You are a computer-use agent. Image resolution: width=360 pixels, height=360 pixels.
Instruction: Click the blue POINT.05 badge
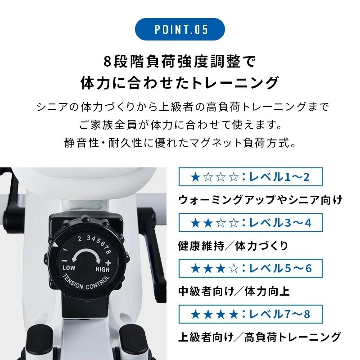(180, 29)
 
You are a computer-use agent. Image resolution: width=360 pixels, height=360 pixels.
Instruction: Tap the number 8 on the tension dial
(108, 252)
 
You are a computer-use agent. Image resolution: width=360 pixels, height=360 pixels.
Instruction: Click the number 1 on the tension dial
(65, 250)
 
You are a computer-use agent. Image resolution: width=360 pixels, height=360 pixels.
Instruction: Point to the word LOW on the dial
(69, 268)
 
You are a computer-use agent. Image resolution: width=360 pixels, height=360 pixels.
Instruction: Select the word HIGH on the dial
(103, 269)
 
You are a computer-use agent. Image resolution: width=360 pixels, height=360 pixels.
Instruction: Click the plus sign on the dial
(108, 263)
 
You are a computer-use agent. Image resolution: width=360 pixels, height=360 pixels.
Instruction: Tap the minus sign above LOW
(65, 261)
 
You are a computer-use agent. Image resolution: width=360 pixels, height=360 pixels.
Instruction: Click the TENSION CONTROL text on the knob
(85, 282)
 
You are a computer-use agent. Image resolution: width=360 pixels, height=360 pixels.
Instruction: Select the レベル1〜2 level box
(251, 177)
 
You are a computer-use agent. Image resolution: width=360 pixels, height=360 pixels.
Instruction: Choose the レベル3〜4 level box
(251, 222)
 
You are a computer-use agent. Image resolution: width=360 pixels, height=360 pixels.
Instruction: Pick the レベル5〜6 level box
(251, 268)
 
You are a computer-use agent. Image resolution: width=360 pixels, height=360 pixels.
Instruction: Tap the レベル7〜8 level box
(251, 314)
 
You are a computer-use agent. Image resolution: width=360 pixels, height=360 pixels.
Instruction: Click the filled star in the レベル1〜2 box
(195, 177)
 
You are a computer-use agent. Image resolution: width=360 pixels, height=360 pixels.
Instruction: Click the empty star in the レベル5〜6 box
(234, 268)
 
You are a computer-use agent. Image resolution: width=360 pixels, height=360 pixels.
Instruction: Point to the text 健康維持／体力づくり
(233, 246)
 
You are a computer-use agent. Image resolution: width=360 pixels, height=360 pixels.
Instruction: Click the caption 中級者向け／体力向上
(234, 291)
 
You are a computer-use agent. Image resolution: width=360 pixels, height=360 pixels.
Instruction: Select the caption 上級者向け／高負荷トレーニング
(259, 337)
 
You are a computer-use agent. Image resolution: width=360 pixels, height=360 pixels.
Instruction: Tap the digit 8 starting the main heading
(107, 62)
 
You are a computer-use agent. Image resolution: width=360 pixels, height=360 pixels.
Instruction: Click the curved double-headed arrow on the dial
(86, 256)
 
